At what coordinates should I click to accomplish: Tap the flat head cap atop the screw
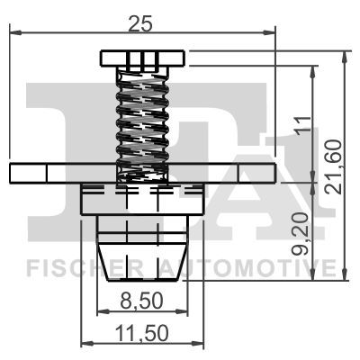[x=142, y=59]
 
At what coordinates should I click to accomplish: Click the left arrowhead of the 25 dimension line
[x=12, y=33]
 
